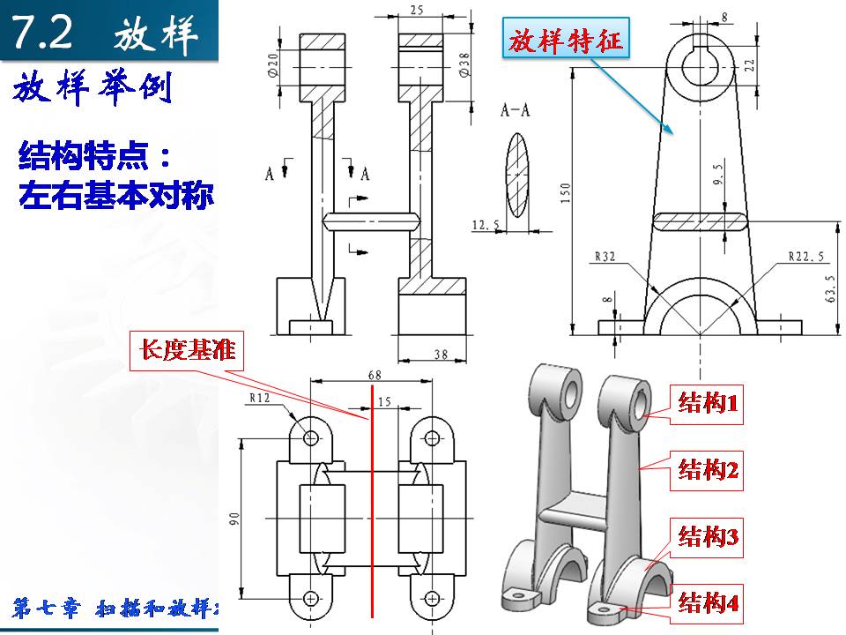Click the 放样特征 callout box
pyautogui.click(x=563, y=41)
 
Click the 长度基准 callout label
pyautogui.click(x=187, y=349)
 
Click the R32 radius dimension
pyautogui.click(x=605, y=257)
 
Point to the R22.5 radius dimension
pyautogui.click(x=806, y=257)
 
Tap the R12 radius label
pyautogui.click(x=259, y=398)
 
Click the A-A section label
pyautogui.click(x=516, y=110)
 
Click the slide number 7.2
pyautogui.click(x=44, y=34)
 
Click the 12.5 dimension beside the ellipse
pyautogui.click(x=486, y=227)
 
